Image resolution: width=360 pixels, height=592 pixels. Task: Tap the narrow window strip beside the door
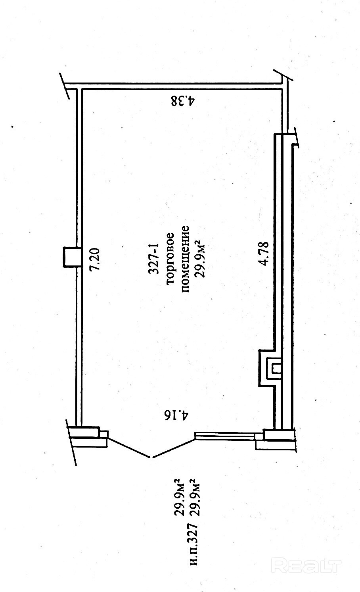[225, 435]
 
